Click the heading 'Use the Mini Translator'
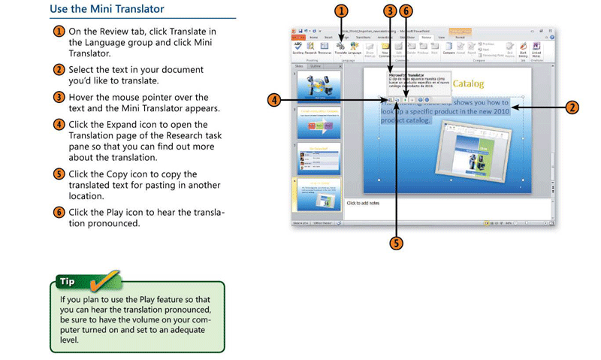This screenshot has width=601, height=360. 107,10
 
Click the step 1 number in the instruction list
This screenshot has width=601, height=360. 58,32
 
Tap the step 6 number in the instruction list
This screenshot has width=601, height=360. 58,213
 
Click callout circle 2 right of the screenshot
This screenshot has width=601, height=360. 572,107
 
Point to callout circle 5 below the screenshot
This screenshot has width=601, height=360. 396,242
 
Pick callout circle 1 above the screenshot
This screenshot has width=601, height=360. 342,11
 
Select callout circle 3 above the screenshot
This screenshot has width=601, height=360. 389,11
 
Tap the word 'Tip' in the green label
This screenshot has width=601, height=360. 68,283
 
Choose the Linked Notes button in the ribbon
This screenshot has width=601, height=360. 536,49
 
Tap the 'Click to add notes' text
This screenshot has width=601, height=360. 364,203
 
